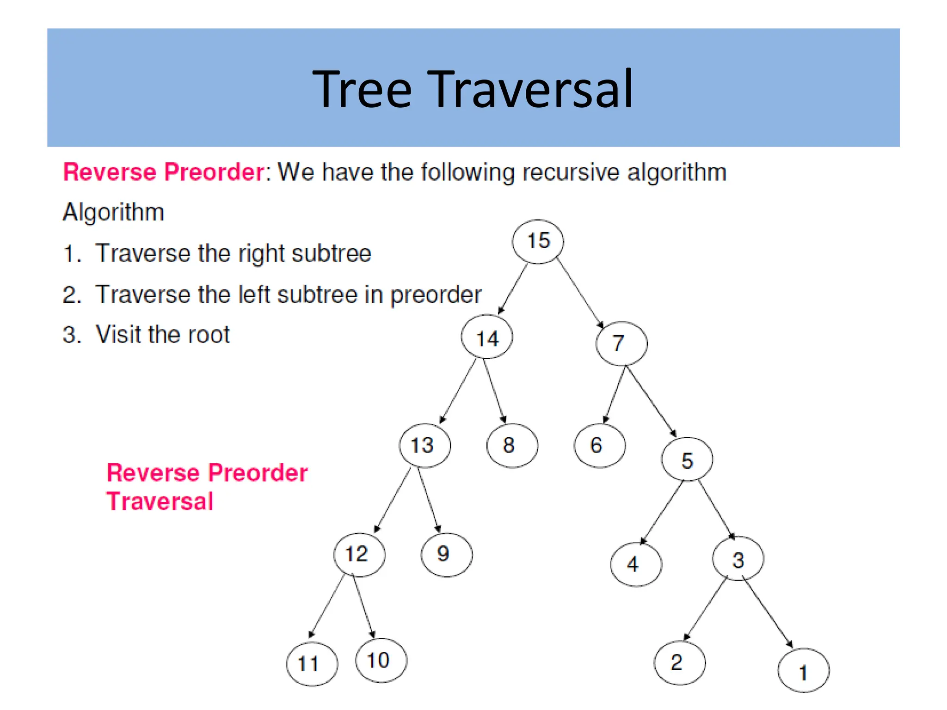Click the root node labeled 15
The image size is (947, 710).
(x=538, y=241)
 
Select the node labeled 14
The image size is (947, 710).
(x=487, y=337)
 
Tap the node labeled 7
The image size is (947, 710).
(x=621, y=343)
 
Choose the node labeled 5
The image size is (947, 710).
(x=687, y=459)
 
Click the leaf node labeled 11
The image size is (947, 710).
(x=312, y=664)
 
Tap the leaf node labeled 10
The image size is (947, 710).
(x=381, y=660)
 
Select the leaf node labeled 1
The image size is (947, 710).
(x=804, y=670)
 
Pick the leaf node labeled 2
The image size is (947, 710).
(x=679, y=663)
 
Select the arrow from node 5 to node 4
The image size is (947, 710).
(x=662, y=512)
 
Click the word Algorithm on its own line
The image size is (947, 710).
(x=113, y=213)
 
